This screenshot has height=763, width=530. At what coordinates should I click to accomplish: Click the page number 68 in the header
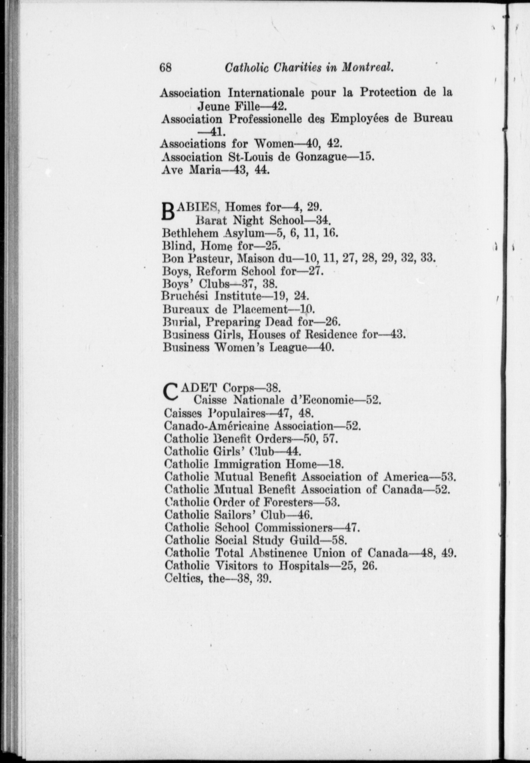point(166,67)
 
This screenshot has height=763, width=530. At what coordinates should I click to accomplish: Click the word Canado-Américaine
point(217,426)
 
